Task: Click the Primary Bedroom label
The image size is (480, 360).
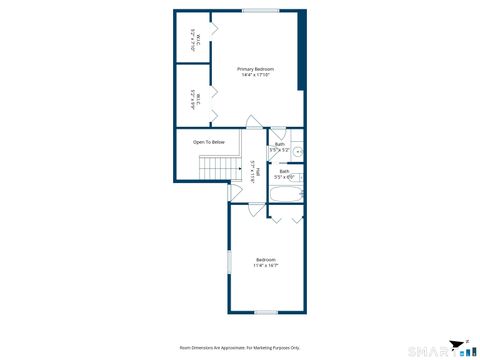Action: (254, 68)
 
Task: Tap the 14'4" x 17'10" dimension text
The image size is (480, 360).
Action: (254, 75)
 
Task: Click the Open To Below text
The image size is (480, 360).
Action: (209, 142)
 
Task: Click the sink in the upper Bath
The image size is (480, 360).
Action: (297, 153)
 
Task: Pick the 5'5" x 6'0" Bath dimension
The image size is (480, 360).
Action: (284, 177)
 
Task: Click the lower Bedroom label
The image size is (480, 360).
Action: (265, 260)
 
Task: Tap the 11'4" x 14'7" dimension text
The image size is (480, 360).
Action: (265, 266)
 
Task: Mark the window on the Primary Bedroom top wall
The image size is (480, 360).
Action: (260, 11)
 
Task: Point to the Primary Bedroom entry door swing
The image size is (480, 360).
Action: (256, 123)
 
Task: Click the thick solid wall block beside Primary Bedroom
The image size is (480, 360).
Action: (300, 50)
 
